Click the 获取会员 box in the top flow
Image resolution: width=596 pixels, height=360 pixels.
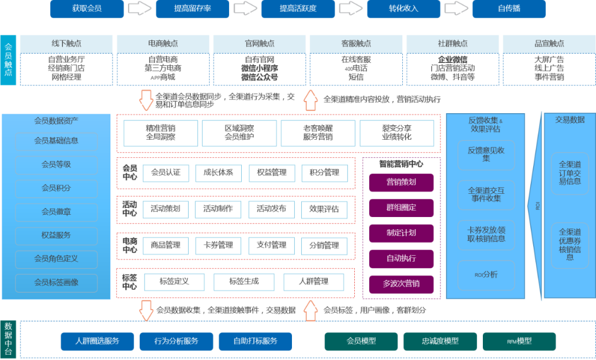(87, 9)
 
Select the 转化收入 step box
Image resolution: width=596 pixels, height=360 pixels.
(403, 9)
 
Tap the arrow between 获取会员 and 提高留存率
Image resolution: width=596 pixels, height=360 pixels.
(140, 9)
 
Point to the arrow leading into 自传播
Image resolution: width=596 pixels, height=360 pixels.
(456, 9)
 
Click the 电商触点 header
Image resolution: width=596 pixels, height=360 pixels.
(163, 44)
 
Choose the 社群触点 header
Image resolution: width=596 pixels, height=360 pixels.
(453, 44)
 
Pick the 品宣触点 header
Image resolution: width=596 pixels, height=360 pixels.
(549, 44)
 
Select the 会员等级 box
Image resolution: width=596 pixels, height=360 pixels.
(56, 165)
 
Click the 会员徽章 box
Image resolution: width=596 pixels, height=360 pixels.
(56, 211)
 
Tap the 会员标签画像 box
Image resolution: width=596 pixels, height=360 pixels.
(56, 282)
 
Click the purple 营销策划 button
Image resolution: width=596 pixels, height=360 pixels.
(401, 182)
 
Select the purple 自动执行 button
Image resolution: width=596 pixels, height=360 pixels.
(401, 258)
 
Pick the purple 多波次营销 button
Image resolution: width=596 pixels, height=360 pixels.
(401, 284)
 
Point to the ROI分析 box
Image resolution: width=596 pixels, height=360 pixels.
(486, 274)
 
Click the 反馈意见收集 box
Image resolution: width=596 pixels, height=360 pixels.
(486, 154)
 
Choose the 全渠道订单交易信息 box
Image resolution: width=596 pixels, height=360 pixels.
(570, 173)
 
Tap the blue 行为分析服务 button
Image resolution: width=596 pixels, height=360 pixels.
(176, 341)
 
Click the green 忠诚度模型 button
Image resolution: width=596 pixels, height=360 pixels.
(440, 341)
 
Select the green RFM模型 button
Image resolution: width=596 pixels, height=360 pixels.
(519, 341)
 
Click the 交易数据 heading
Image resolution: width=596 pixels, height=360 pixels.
(570, 119)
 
